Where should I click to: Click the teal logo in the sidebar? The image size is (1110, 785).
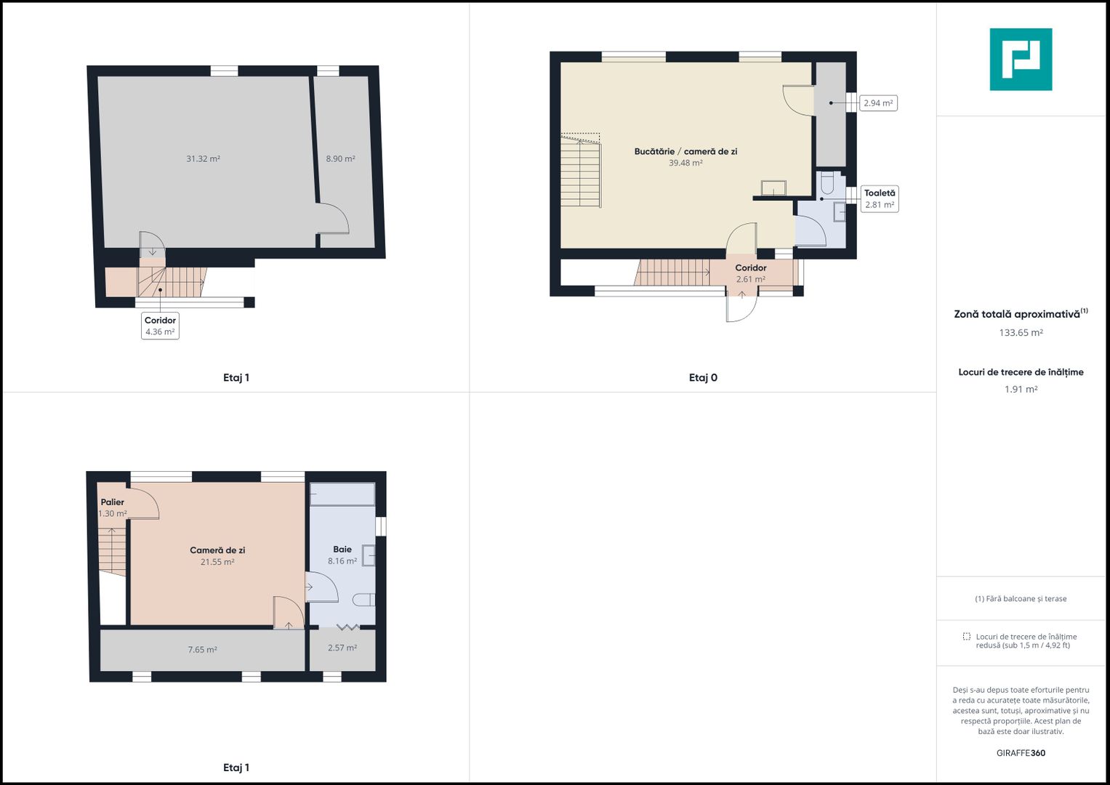[x=1021, y=60]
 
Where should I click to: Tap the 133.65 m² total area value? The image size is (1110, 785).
[x=1021, y=333]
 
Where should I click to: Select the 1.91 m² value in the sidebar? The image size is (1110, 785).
[x=1021, y=389]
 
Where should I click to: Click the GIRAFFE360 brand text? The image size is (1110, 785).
[x=1021, y=753]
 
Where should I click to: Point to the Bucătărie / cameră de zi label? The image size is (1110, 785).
[x=685, y=152]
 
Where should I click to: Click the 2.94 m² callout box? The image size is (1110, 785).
[x=878, y=103]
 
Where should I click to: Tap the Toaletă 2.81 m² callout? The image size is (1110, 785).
[x=880, y=198]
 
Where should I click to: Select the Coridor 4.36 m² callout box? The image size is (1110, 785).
[x=160, y=326]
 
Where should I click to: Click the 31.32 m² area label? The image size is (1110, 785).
[x=203, y=158]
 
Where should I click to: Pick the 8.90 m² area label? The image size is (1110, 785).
[x=340, y=158]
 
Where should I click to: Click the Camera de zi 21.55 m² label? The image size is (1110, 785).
[x=217, y=555]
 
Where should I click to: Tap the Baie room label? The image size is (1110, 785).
[x=342, y=549]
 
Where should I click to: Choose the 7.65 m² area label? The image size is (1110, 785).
[x=203, y=649]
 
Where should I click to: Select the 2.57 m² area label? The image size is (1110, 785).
[x=342, y=647]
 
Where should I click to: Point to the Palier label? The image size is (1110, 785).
[x=113, y=502]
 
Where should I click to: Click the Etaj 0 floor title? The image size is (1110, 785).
[x=703, y=378]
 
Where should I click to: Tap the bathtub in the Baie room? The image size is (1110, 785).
[x=342, y=494]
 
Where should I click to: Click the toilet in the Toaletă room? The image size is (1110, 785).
[x=827, y=183]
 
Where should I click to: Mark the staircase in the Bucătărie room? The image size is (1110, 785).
[x=581, y=170]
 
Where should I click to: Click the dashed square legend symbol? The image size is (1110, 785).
[x=966, y=636]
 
